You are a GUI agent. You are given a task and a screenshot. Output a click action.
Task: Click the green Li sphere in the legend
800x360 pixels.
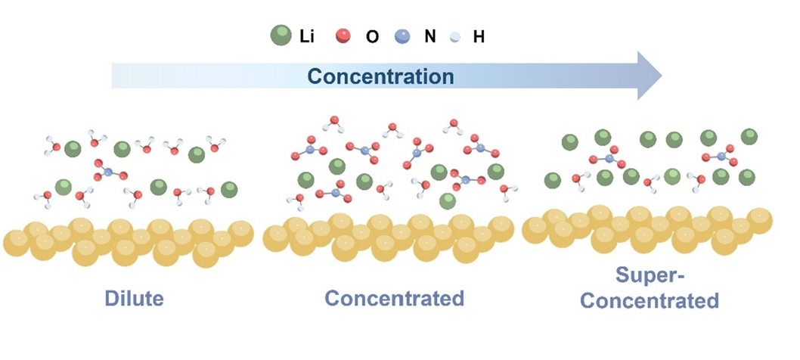tap(281, 36)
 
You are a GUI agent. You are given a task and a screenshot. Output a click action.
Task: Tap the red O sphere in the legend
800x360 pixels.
tap(345, 36)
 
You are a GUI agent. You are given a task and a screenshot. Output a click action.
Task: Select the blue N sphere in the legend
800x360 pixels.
tap(402, 36)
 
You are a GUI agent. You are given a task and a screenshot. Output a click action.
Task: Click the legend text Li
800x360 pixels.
tap(305, 36)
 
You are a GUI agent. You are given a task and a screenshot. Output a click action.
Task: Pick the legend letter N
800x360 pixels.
tap(429, 36)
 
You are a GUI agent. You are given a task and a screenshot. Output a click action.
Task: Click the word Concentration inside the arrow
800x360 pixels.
tap(381, 76)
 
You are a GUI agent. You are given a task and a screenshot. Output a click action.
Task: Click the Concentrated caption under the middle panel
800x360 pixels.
tap(394, 298)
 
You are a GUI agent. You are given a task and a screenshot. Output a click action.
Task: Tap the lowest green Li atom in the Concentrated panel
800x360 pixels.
tap(448, 201)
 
